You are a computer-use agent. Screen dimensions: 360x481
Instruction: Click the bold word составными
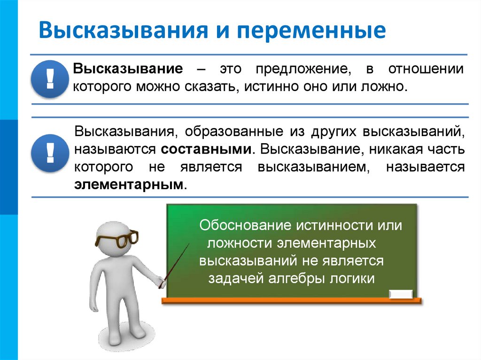(x=205, y=149)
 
